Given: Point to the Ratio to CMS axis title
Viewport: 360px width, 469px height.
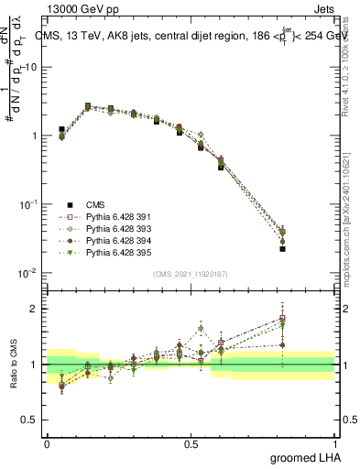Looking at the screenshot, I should tap(12, 380).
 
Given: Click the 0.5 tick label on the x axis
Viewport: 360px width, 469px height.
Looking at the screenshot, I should tap(191, 443).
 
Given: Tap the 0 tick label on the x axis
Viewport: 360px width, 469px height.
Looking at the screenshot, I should tap(47, 443).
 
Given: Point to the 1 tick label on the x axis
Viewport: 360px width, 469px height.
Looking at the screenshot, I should tap(335, 443).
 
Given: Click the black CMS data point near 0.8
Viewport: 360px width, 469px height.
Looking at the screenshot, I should tap(283, 248).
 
